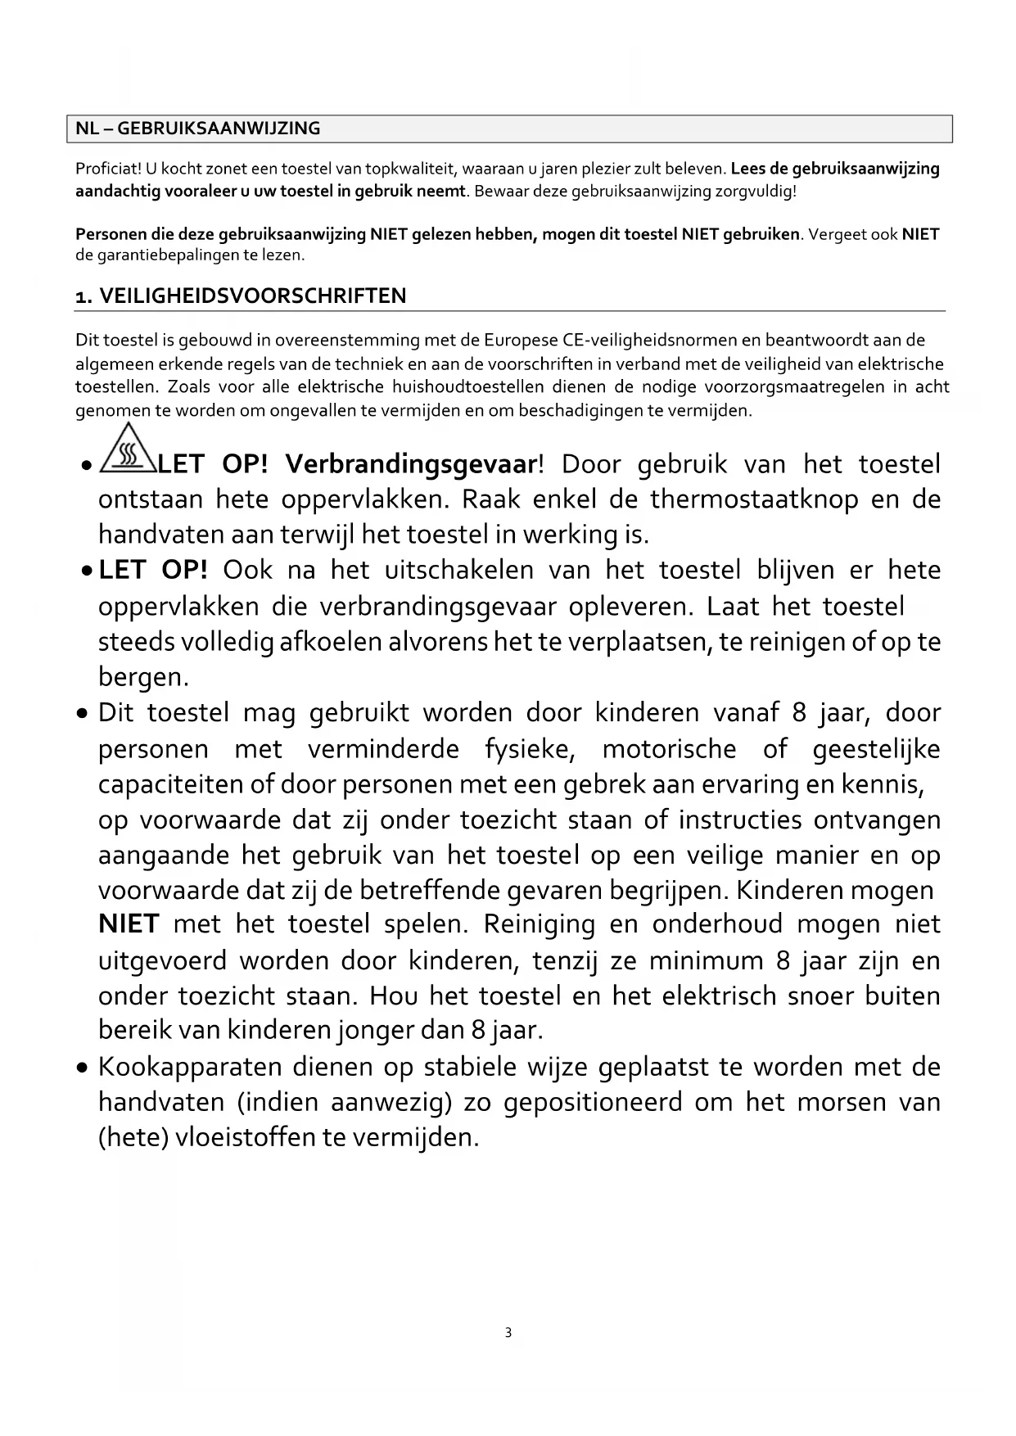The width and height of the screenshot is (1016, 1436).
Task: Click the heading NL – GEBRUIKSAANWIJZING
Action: click(x=198, y=129)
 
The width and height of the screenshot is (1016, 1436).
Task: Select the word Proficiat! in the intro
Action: click(x=109, y=169)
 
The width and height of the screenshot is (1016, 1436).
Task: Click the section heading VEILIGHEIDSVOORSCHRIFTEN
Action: click(x=252, y=296)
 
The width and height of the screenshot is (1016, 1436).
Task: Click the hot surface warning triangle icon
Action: click(x=127, y=450)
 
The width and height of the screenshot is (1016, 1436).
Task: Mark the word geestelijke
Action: click(x=876, y=749)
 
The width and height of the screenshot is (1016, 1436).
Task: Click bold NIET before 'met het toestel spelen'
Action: click(x=129, y=924)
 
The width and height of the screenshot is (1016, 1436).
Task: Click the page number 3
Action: click(x=508, y=1333)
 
